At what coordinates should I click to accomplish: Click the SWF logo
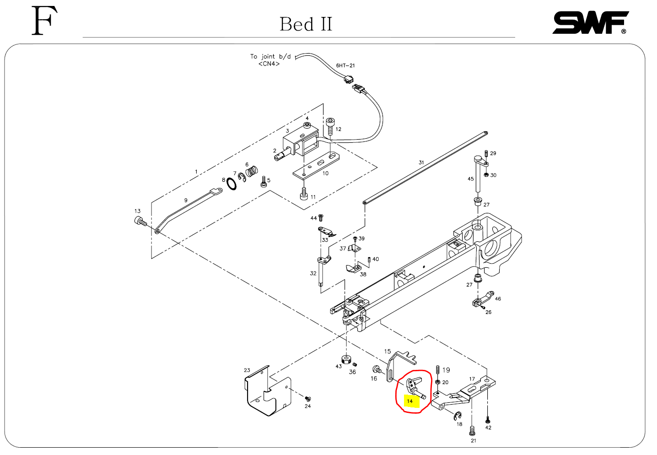point(590,23)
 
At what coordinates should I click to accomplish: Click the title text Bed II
point(306,24)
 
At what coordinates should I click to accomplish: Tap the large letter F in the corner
point(44,21)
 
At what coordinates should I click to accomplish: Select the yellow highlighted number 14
point(410,401)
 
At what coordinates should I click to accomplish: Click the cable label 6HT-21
point(345,65)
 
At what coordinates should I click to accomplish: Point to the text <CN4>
point(269,64)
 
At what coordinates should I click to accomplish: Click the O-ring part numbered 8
point(232,184)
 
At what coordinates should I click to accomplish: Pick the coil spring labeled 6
point(252,172)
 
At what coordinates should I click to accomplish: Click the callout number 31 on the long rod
point(421,162)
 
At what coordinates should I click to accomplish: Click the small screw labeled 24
point(307,399)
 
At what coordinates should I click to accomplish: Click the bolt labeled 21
point(473,430)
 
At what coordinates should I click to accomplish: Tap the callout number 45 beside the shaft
point(470,179)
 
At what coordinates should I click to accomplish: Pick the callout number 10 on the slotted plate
point(325,173)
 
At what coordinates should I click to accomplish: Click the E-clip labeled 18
point(457,416)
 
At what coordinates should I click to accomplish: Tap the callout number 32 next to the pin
point(313,273)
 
